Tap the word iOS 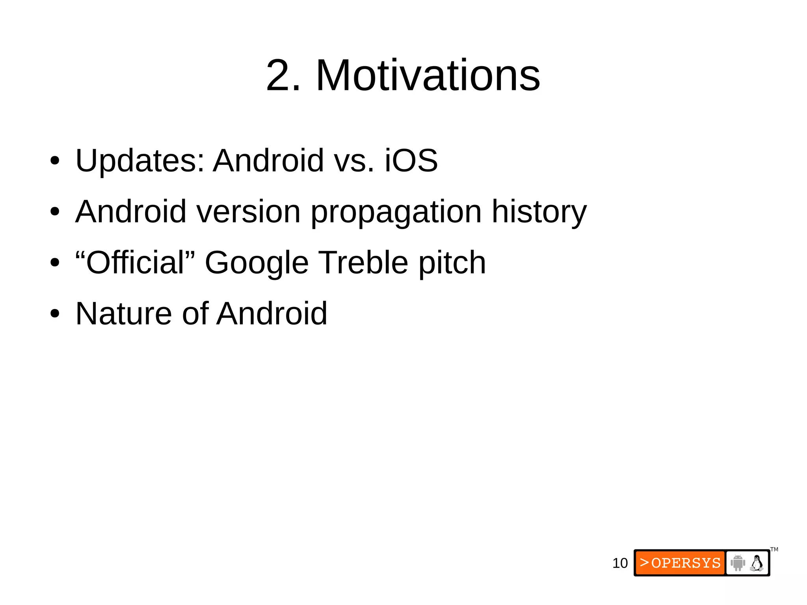411,160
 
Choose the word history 539,212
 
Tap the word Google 257,263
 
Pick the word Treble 363,262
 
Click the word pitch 452,263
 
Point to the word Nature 123,313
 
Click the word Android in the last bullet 272,313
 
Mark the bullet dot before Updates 55,161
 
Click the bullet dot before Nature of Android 55,314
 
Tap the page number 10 620,563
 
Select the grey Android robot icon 738,563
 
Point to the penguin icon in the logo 757,563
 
